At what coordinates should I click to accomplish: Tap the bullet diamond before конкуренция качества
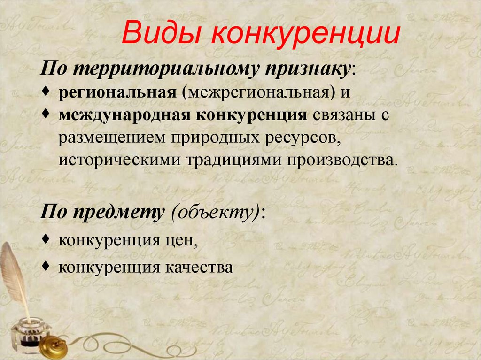click(x=50, y=266)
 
